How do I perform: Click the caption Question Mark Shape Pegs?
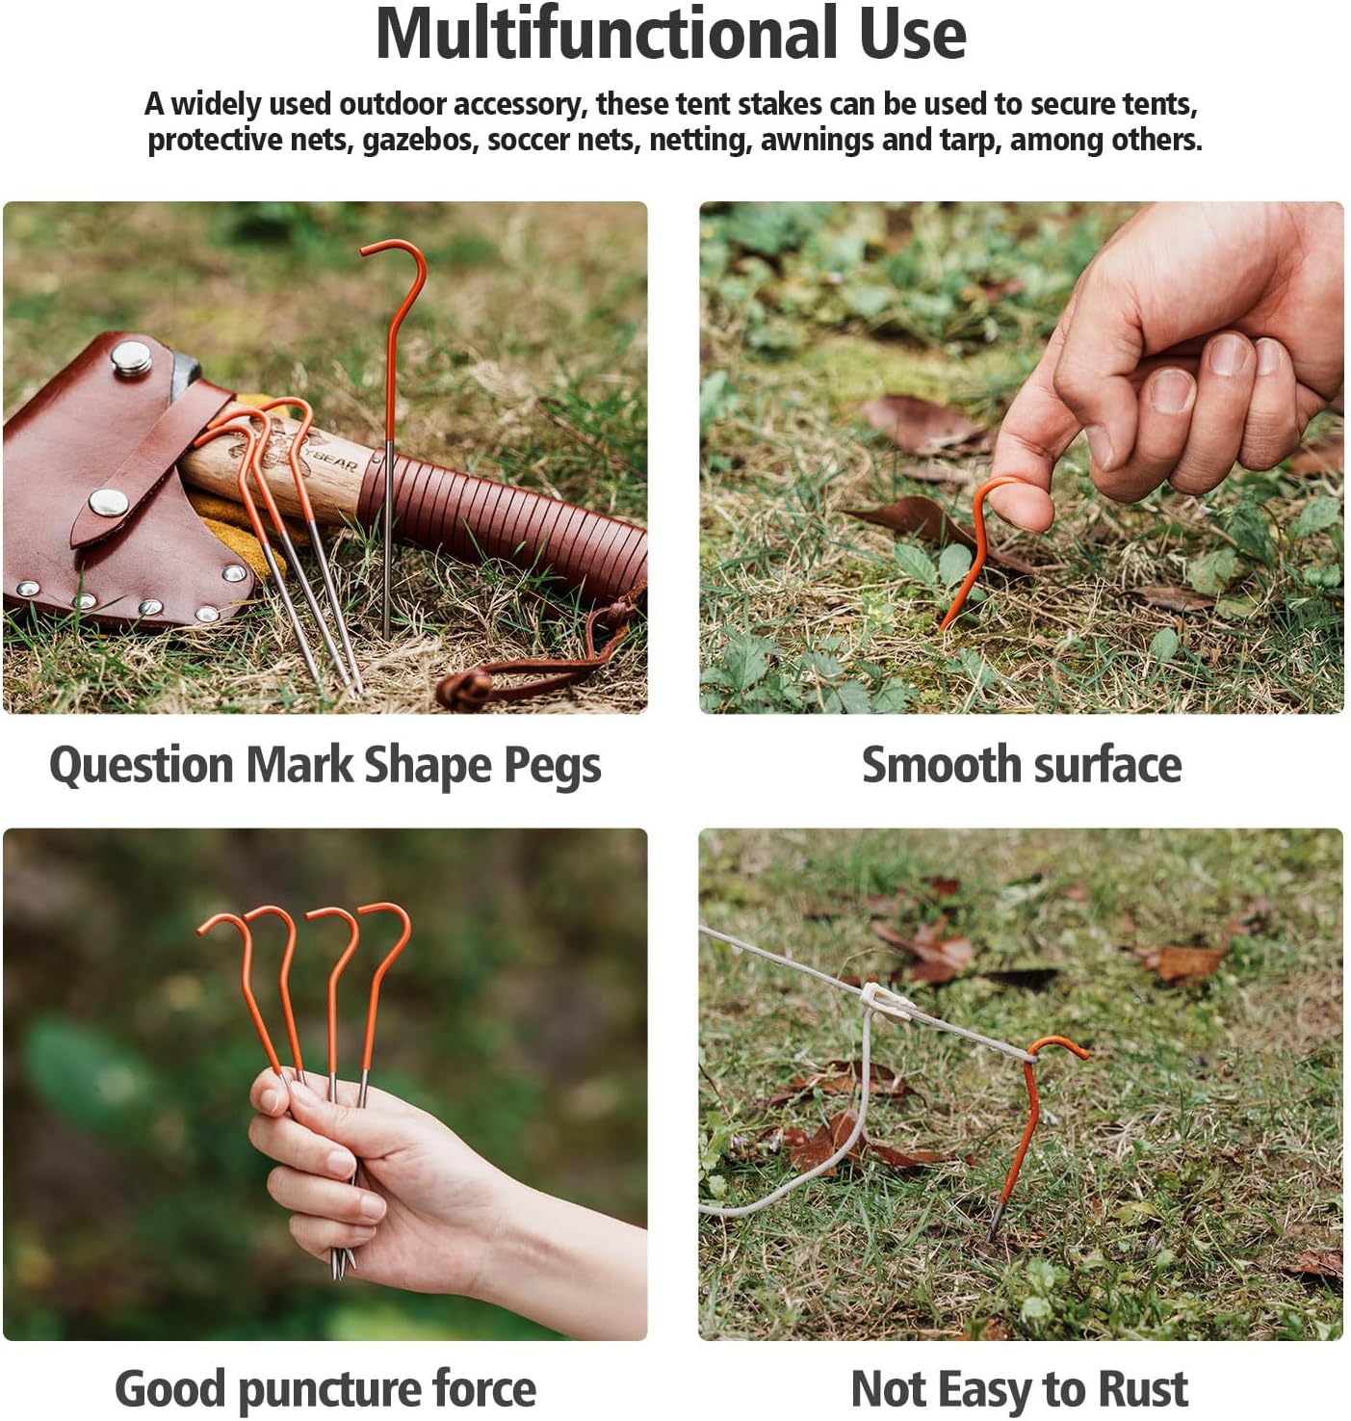click(x=325, y=766)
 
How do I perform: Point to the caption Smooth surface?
click(x=1021, y=766)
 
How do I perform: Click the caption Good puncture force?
click(x=325, y=1389)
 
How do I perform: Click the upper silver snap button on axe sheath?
click(x=130, y=357)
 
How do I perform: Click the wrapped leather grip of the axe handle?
click(x=501, y=520)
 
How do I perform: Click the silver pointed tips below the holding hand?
click(x=342, y=1262)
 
